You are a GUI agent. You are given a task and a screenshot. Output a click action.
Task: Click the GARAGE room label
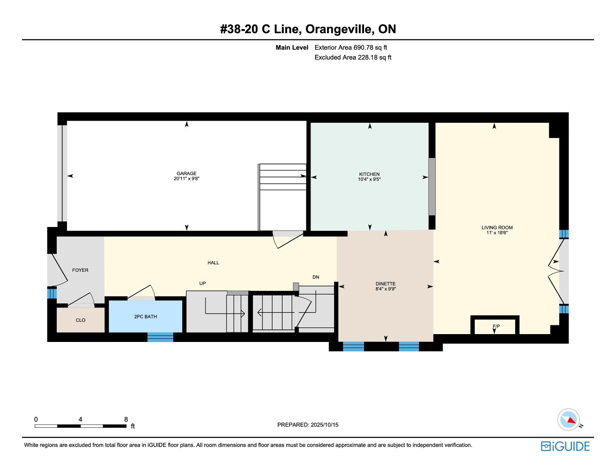point(186,173)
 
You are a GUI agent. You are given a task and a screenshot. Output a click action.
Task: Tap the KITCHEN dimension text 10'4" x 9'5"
point(369,179)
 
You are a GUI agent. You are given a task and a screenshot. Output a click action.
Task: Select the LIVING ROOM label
point(497,227)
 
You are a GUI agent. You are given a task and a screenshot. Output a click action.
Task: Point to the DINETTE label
point(385,283)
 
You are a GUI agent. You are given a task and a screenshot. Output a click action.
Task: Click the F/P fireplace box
point(495,326)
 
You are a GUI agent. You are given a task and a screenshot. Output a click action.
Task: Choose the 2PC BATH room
point(145,316)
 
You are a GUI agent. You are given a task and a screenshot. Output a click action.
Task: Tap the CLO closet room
point(81,320)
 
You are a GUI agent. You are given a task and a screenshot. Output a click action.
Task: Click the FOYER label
point(80,270)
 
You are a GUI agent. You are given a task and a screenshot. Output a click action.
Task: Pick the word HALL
point(213,263)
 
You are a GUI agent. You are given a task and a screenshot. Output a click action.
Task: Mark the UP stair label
point(203,283)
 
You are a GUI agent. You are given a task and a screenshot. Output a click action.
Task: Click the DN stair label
point(316,277)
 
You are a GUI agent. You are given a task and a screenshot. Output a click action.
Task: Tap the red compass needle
point(572,420)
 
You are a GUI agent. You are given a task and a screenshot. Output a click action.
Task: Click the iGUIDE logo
point(565,446)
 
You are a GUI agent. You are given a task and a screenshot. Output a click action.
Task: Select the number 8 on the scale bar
point(126,419)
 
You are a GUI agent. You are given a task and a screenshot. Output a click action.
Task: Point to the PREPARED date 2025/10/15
point(324,425)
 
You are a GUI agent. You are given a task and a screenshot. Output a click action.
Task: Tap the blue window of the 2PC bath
point(160,337)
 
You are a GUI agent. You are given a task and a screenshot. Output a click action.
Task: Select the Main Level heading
point(292,48)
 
